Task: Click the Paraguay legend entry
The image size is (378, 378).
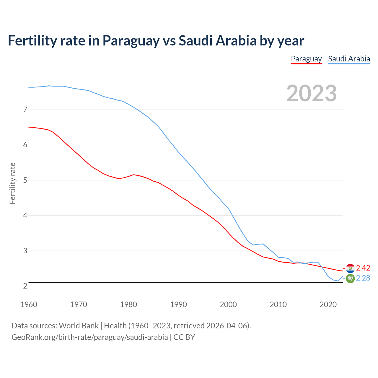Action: pos(306,59)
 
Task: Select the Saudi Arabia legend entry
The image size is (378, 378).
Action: pos(349,59)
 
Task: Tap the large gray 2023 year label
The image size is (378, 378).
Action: pos(312,93)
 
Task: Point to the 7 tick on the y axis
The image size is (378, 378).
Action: pos(25,110)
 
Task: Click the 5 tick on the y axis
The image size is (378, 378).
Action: pos(25,180)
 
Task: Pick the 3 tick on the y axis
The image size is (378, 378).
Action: pos(25,251)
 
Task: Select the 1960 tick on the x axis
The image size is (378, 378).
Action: pos(29,304)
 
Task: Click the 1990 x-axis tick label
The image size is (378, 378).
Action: pos(178,304)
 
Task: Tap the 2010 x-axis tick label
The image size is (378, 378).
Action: pos(278,304)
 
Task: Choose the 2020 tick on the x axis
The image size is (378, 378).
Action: pos(328,304)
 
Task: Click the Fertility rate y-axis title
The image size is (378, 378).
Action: pos(12,183)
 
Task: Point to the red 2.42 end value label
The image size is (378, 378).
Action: pos(363,268)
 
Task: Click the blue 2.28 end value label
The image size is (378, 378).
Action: pos(363,278)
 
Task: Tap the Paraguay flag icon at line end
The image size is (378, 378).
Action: pos(350,268)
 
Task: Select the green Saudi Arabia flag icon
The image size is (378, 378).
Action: pos(350,278)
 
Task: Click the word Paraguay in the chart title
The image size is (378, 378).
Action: pos(131,41)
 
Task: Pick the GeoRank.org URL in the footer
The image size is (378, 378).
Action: pos(89,337)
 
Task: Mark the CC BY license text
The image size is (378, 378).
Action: pos(184,337)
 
